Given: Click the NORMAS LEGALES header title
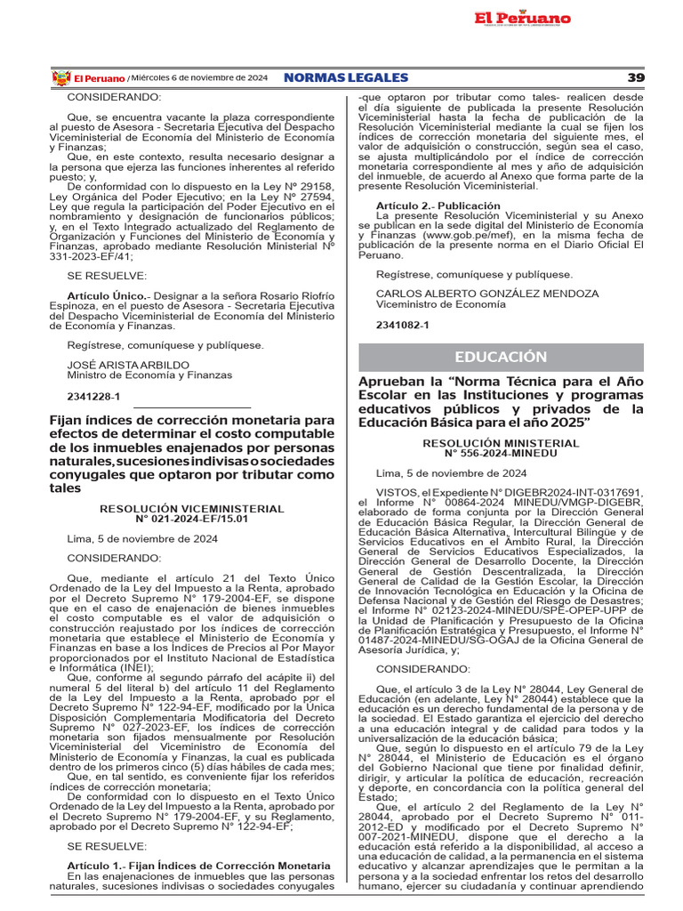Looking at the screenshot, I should (x=346, y=78).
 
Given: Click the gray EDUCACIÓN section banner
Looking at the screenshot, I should (x=501, y=357).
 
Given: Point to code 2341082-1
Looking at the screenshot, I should (x=402, y=325).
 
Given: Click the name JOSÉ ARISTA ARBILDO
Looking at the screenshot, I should (x=128, y=365).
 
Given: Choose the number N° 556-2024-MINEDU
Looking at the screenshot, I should (x=501, y=452).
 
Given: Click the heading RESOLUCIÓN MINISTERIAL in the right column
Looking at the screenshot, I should (x=501, y=442).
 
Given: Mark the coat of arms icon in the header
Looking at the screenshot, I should (x=60, y=78).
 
